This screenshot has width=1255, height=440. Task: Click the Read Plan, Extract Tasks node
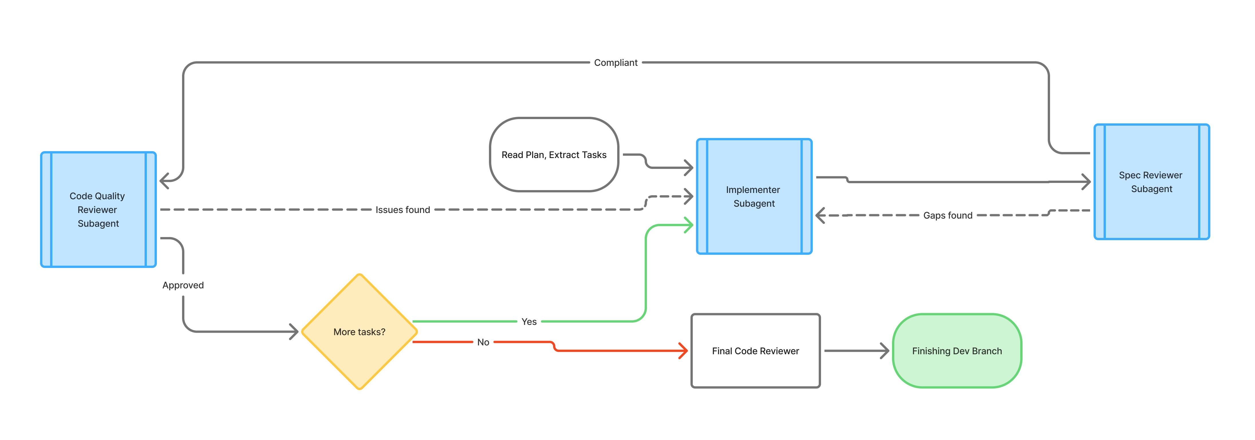(x=554, y=155)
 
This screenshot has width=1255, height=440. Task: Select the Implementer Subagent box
(x=754, y=196)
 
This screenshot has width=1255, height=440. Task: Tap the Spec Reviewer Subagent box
(x=1152, y=182)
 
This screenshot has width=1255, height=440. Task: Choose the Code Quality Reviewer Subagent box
(x=98, y=210)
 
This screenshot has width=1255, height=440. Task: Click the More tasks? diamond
(x=360, y=332)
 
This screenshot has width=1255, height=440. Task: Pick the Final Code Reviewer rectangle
(x=756, y=351)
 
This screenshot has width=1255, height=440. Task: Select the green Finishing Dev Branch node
(x=957, y=351)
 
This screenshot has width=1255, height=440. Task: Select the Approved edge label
(x=183, y=285)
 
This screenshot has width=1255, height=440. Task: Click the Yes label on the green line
(x=529, y=321)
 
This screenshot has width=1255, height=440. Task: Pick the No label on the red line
(x=483, y=342)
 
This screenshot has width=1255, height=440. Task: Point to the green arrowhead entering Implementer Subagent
(x=689, y=225)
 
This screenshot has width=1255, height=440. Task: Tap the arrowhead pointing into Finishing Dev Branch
(x=885, y=351)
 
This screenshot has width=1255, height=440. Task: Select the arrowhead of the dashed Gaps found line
(x=820, y=215)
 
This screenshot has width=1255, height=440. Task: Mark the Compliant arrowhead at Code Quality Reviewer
(x=164, y=181)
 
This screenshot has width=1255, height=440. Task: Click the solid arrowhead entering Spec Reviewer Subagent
(x=1086, y=182)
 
